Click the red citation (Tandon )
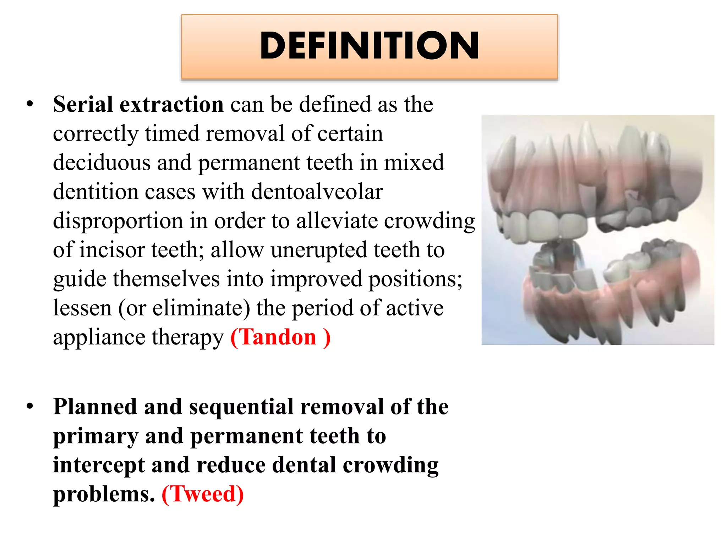pyautogui.click(x=280, y=337)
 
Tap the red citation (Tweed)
pyautogui.click(x=203, y=494)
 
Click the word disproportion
pyautogui.click(x=118, y=221)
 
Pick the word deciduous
pyautogui.click(x=102, y=163)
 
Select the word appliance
pyautogui.click(x=99, y=338)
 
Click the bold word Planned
pyautogui.click(x=95, y=407)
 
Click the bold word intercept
pyautogui.click(x=99, y=465)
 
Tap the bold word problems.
pyautogui.click(x=104, y=494)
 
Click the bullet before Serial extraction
pyautogui.click(x=30, y=104)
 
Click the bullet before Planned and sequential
pyautogui.click(x=30, y=407)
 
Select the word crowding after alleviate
pyautogui.click(x=430, y=221)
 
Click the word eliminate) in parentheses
pyautogui.click(x=202, y=308)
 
